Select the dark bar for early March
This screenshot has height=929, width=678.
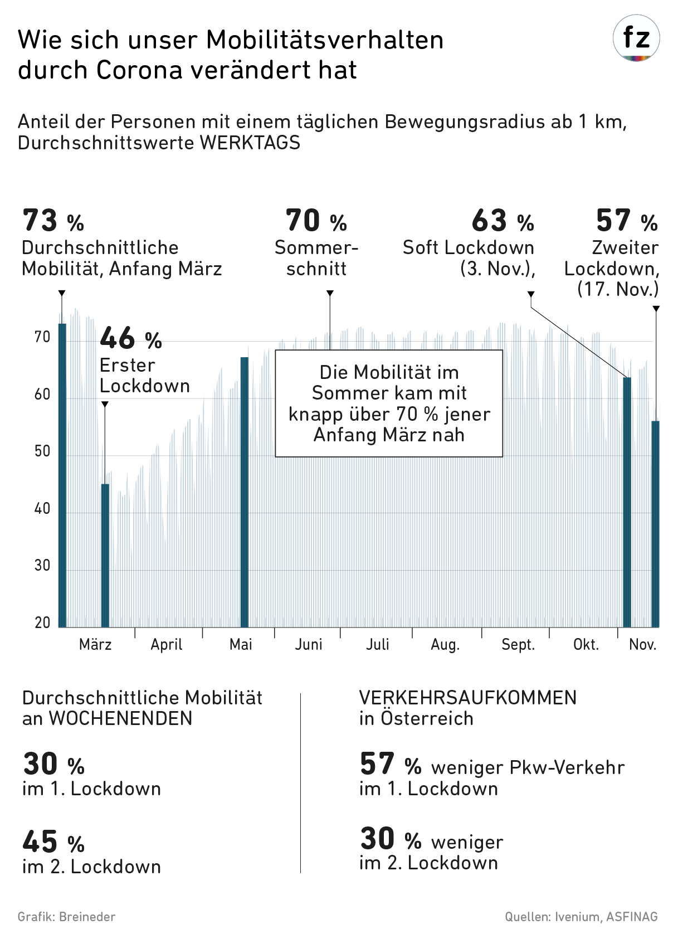point(62,474)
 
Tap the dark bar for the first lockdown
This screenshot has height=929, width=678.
point(105,555)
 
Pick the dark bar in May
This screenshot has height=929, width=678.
point(244,490)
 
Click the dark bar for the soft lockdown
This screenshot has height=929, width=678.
point(627,502)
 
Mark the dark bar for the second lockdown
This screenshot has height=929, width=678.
point(655,524)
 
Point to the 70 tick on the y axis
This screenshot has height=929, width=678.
point(42,337)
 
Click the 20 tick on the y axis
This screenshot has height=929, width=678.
point(42,622)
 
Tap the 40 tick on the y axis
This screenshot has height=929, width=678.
point(42,508)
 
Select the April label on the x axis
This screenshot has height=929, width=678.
point(167,645)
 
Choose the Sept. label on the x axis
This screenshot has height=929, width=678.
point(518,645)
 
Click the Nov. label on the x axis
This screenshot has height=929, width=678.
point(643,645)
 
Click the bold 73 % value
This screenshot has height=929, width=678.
point(53,221)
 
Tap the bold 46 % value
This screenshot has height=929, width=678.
point(130,338)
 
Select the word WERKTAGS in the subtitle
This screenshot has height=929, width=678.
point(250,143)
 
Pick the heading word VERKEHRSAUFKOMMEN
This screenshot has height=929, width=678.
point(468,698)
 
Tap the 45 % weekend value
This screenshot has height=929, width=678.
point(53,842)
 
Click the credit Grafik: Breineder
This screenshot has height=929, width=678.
point(67,916)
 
